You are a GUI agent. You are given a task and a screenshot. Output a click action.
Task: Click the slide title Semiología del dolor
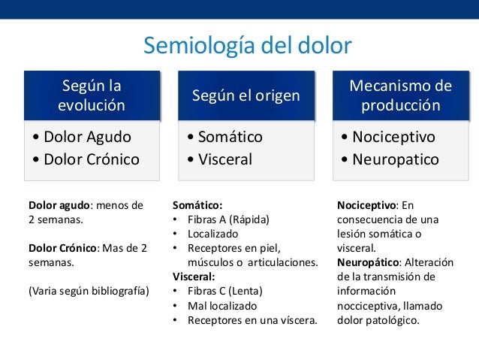tap(247, 46)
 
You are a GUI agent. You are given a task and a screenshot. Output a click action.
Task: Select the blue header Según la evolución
tap(92, 95)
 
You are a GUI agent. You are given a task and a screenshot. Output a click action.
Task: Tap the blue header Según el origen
tap(246, 95)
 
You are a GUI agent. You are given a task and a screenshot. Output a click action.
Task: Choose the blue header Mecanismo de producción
tap(401, 95)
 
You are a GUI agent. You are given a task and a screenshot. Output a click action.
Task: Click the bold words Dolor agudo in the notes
tap(59, 204)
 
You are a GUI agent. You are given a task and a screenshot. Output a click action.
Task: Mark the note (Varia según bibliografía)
tap(89, 291)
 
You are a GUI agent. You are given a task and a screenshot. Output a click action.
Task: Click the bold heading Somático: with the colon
tap(197, 204)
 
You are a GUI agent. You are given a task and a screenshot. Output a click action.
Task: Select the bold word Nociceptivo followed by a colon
tap(366, 204)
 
